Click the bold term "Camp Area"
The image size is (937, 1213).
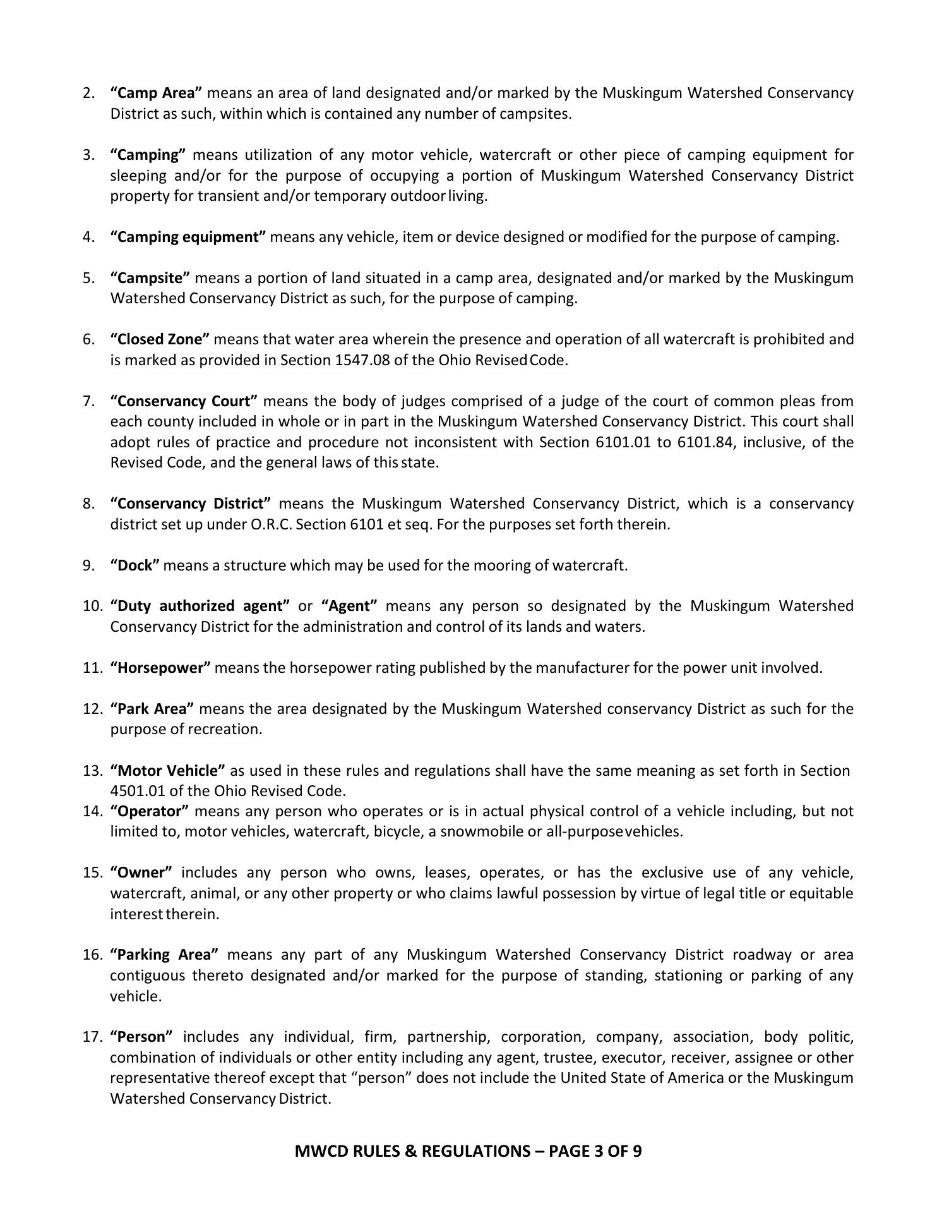156,94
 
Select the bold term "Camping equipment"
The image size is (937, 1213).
188,238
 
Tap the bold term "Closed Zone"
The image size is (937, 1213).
160,340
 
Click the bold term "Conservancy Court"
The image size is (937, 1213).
184,402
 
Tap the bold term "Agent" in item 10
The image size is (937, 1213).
349,606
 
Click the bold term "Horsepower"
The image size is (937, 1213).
160,668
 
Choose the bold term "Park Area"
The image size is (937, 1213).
152,709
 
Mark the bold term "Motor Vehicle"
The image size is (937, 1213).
167,771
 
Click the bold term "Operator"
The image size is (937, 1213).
150,811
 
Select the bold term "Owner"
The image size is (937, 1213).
141,873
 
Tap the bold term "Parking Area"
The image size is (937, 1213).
164,955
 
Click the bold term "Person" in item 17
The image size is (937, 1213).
141,1037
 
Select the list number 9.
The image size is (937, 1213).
88,566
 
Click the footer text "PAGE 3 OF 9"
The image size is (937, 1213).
595,1151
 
